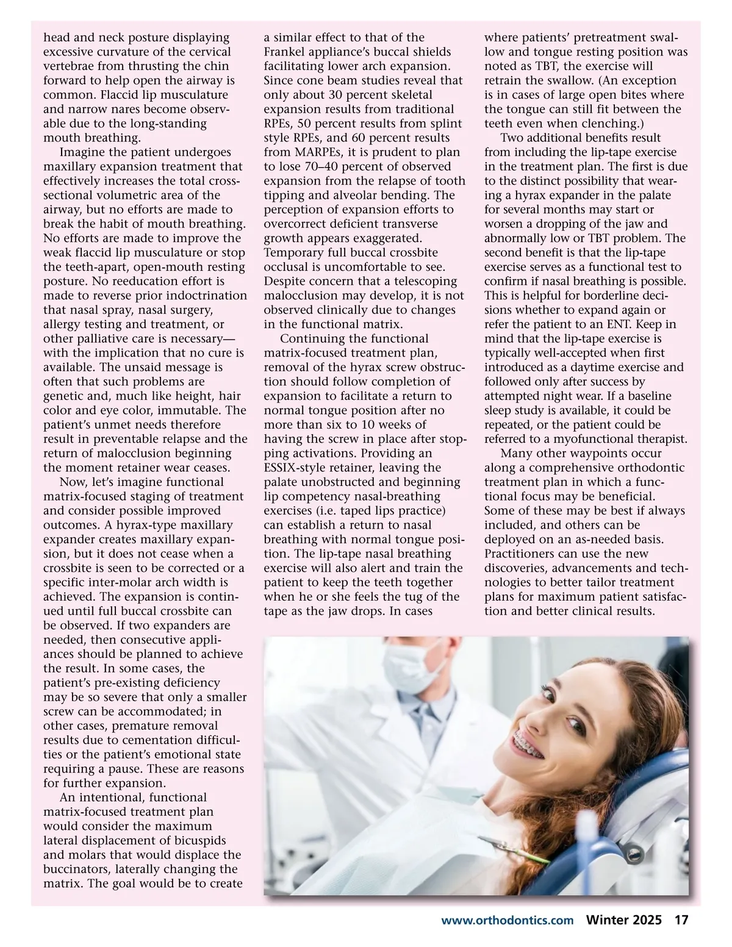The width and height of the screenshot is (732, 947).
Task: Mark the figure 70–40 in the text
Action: click(318, 166)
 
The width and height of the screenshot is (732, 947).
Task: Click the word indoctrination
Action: click(208, 296)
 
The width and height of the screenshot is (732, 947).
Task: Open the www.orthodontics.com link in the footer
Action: click(508, 921)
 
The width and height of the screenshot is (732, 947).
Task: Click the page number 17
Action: click(681, 921)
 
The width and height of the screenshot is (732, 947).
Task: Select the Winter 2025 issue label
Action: click(624, 921)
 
